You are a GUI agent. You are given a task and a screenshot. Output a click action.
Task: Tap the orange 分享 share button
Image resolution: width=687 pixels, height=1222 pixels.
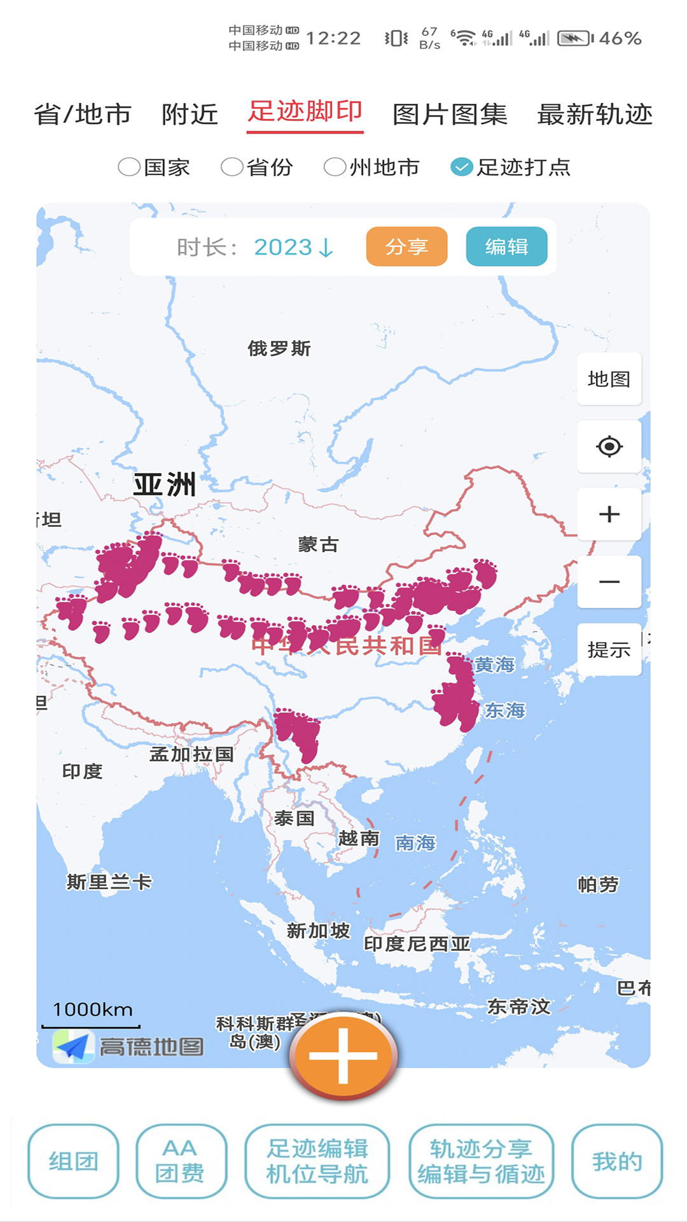tap(406, 246)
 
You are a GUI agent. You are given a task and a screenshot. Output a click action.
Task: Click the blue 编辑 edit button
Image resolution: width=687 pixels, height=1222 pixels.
tap(506, 246)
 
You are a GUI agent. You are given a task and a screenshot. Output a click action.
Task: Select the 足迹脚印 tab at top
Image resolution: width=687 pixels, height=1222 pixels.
tap(305, 112)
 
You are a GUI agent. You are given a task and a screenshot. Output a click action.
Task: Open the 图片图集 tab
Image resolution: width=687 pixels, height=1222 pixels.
tap(450, 115)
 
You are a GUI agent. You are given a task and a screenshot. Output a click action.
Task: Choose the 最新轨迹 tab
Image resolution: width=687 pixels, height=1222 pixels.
tap(595, 115)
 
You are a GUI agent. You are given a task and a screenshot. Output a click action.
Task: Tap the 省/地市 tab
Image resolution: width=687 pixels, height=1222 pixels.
tap(83, 115)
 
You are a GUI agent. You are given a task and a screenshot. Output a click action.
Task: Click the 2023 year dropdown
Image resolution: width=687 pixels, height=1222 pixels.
tap(293, 247)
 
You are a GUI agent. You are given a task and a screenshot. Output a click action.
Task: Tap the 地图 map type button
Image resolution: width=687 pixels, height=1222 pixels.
tap(609, 379)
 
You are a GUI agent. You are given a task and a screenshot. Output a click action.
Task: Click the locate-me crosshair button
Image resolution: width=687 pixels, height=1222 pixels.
tap(609, 447)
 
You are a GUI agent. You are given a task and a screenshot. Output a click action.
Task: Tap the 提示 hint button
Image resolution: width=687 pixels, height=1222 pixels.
tap(609, 650)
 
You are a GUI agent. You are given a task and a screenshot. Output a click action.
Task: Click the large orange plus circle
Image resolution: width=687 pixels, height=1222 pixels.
tap(343, 1055)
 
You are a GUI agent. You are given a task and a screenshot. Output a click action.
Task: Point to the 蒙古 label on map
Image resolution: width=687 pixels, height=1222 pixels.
tap(318, 545)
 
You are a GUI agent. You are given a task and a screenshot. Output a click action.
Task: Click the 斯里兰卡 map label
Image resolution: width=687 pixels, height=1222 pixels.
tap(109, 882)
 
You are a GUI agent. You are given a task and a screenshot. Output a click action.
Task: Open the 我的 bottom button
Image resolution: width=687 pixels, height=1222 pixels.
tap(616, 1162)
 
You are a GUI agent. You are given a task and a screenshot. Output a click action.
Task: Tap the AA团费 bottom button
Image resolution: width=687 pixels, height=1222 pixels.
tap(181, 1162)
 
